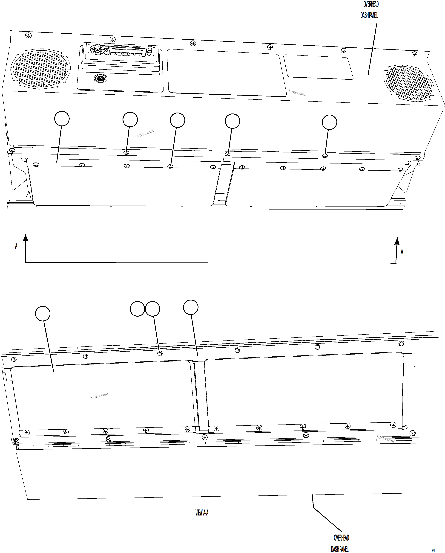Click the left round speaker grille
pyautogui.click(x=40, y=68)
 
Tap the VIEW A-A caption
pyautogui.click(x=202, y=513)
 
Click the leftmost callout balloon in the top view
pyautogui.click(x=62, y=119)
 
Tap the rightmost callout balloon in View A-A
pyautogui.click(x=191, y=307)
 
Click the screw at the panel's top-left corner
pyautogui.click(x=29, y=35)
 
